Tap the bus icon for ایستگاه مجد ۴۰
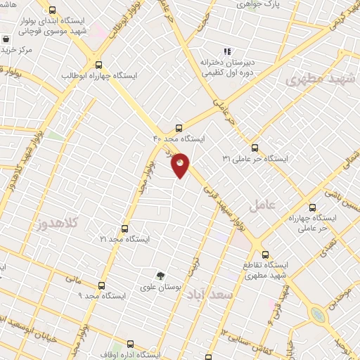179,128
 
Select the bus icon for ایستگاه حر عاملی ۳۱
255,148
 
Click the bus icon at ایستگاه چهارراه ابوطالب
98,63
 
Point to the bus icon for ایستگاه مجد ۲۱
124,229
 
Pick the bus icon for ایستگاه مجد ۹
101,285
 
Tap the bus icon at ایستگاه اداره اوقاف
129,344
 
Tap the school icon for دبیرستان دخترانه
226,51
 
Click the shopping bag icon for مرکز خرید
6,39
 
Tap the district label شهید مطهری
316,79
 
